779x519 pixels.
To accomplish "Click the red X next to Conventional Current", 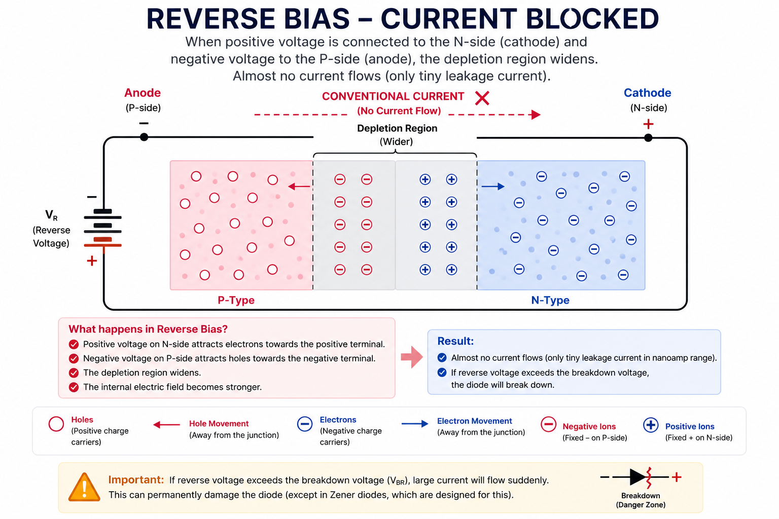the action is pos(482,98).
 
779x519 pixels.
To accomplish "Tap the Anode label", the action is pos(143,93).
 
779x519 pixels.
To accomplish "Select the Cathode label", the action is pos(647,93).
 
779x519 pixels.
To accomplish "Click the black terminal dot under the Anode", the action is pos(144,137).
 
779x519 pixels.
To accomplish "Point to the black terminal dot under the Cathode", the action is pos(648,138).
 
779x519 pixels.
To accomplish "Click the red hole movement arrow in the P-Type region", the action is pos(299,187).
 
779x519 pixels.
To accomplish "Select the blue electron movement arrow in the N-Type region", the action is pos(493,187).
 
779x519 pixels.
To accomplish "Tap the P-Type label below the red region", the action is pos(236,300).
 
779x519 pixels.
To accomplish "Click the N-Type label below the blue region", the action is pos(550,300).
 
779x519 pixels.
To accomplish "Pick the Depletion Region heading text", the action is pos(397,128).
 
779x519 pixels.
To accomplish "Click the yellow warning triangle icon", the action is pos(84,487).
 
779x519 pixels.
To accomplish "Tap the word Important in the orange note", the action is pos(136,479).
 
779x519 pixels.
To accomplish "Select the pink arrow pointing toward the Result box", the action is pos(412,357).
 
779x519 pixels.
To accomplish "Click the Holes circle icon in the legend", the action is pos(56,424).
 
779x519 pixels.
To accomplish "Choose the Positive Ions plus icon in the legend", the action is pos(651,425).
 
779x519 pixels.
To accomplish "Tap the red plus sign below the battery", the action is pos(92,261).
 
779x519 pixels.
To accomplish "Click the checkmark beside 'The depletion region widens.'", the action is pos(74,373).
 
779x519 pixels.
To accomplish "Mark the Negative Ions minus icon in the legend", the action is pos(548,424).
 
